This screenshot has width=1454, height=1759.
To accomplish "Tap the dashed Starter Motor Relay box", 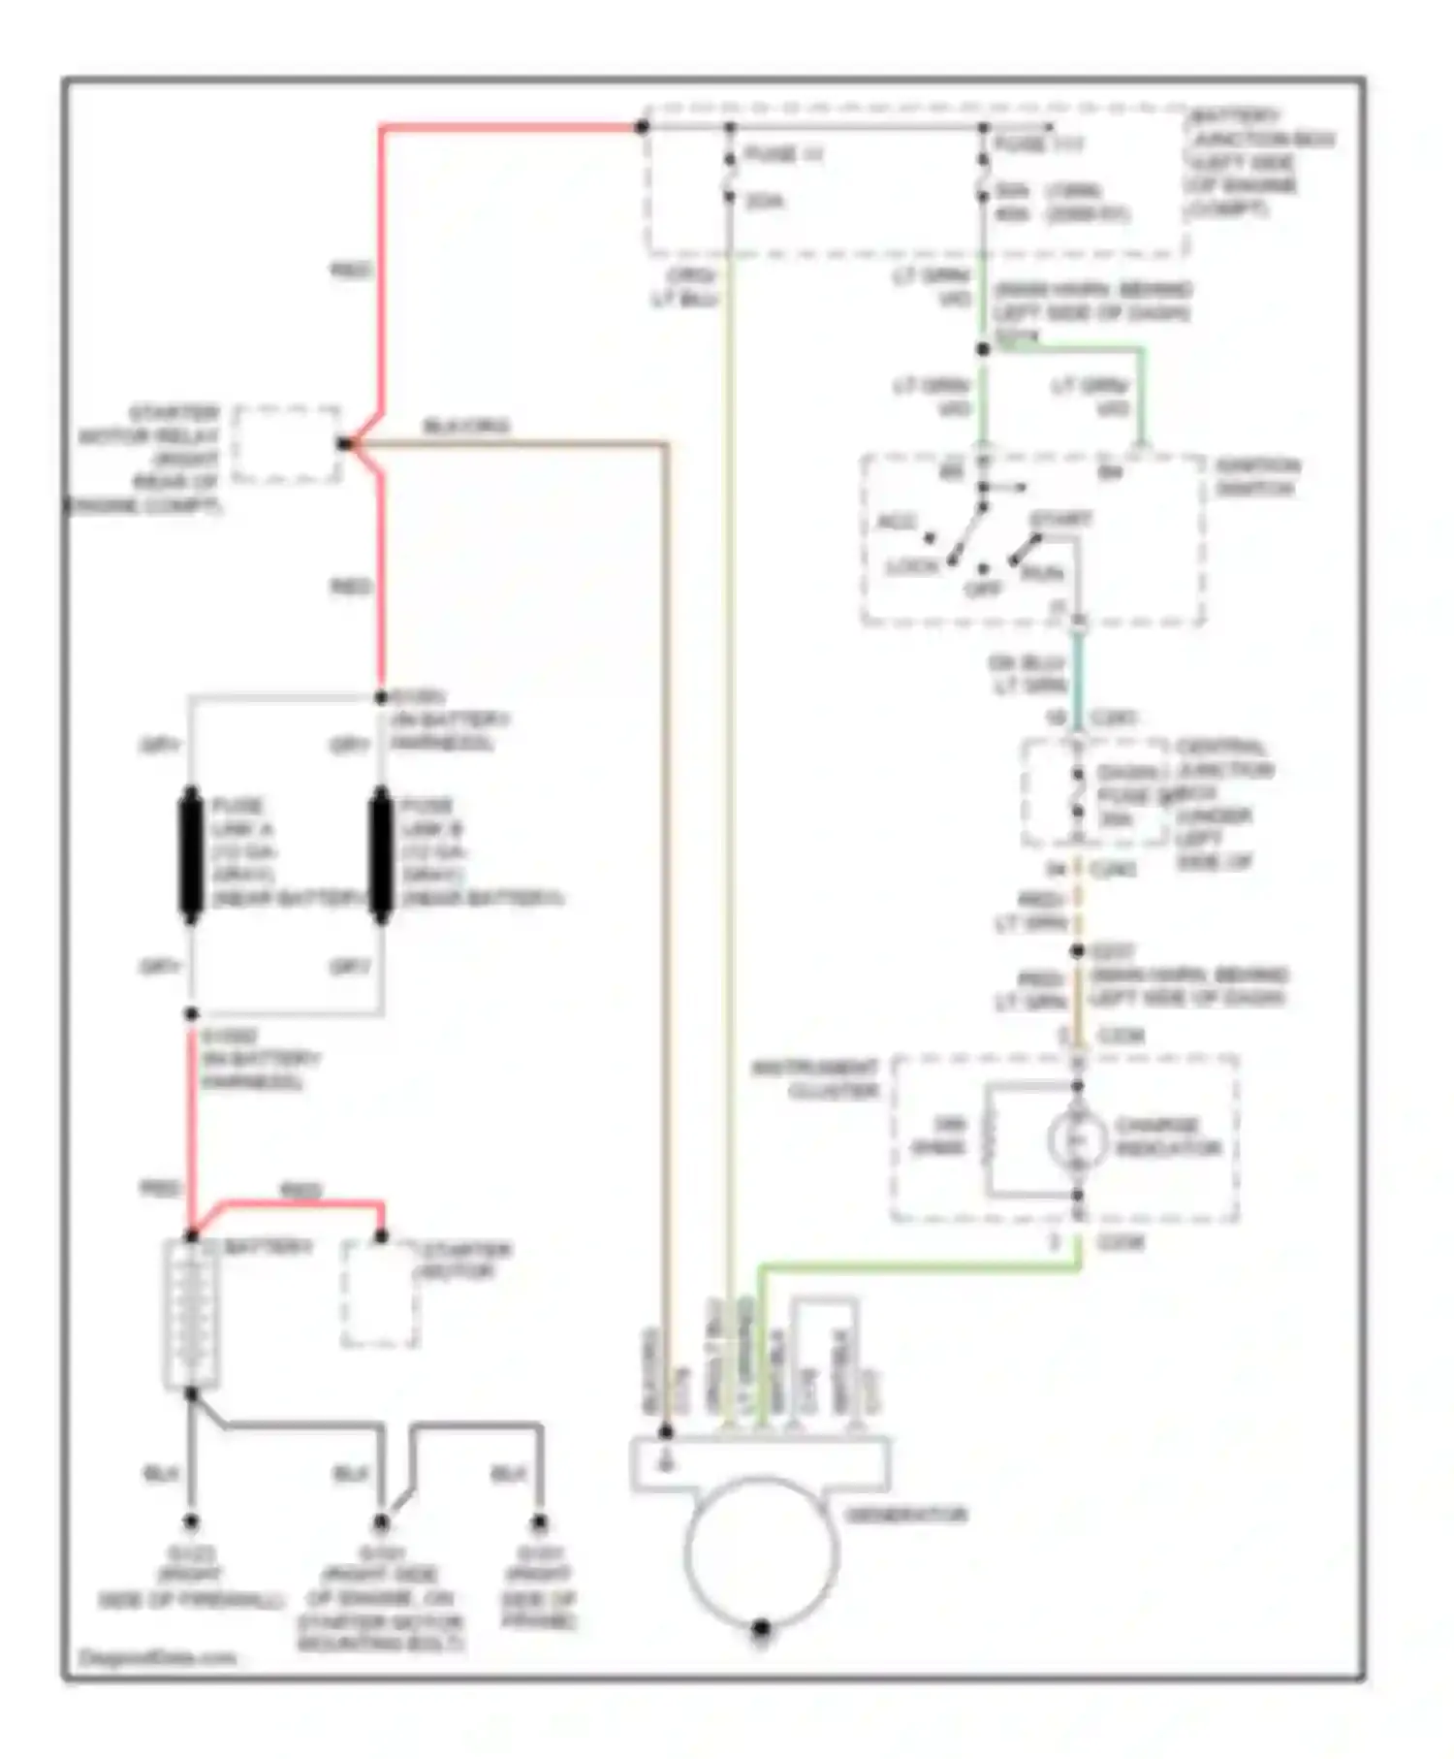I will click(x=286, y=444).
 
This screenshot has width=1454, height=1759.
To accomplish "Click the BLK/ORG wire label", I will click(x=466, y=427).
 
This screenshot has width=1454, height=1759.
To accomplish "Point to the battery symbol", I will click(x=192, y=1315).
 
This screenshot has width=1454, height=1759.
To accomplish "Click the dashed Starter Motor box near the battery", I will click(x=380, y=1294).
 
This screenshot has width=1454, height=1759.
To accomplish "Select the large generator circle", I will click(x=761, y=1551).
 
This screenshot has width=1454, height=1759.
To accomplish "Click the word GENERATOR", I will click(x=906, y=1515).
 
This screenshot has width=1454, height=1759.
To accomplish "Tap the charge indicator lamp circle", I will click(x=1077, y=1138).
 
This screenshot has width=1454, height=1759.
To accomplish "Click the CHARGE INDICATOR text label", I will click(x=1167, y=1137).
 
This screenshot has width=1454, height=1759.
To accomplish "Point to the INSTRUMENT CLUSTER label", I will click(x=816, y=1079).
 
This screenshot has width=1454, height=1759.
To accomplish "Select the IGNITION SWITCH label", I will click(x=1257, y=477).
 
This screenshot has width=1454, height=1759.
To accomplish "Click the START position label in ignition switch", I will click(x=1059, y=520).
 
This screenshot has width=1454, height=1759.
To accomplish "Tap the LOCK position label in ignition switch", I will click(x=912, y=566).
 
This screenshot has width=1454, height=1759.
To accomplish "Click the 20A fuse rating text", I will click(x=765, y=202).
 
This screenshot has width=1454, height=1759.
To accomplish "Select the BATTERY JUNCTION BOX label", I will click(x=1261, y=162).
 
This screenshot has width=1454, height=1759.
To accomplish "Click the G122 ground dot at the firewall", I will click(x=191, y=1522).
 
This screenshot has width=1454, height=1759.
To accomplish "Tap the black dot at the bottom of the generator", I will click(x=761, y=1628).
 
